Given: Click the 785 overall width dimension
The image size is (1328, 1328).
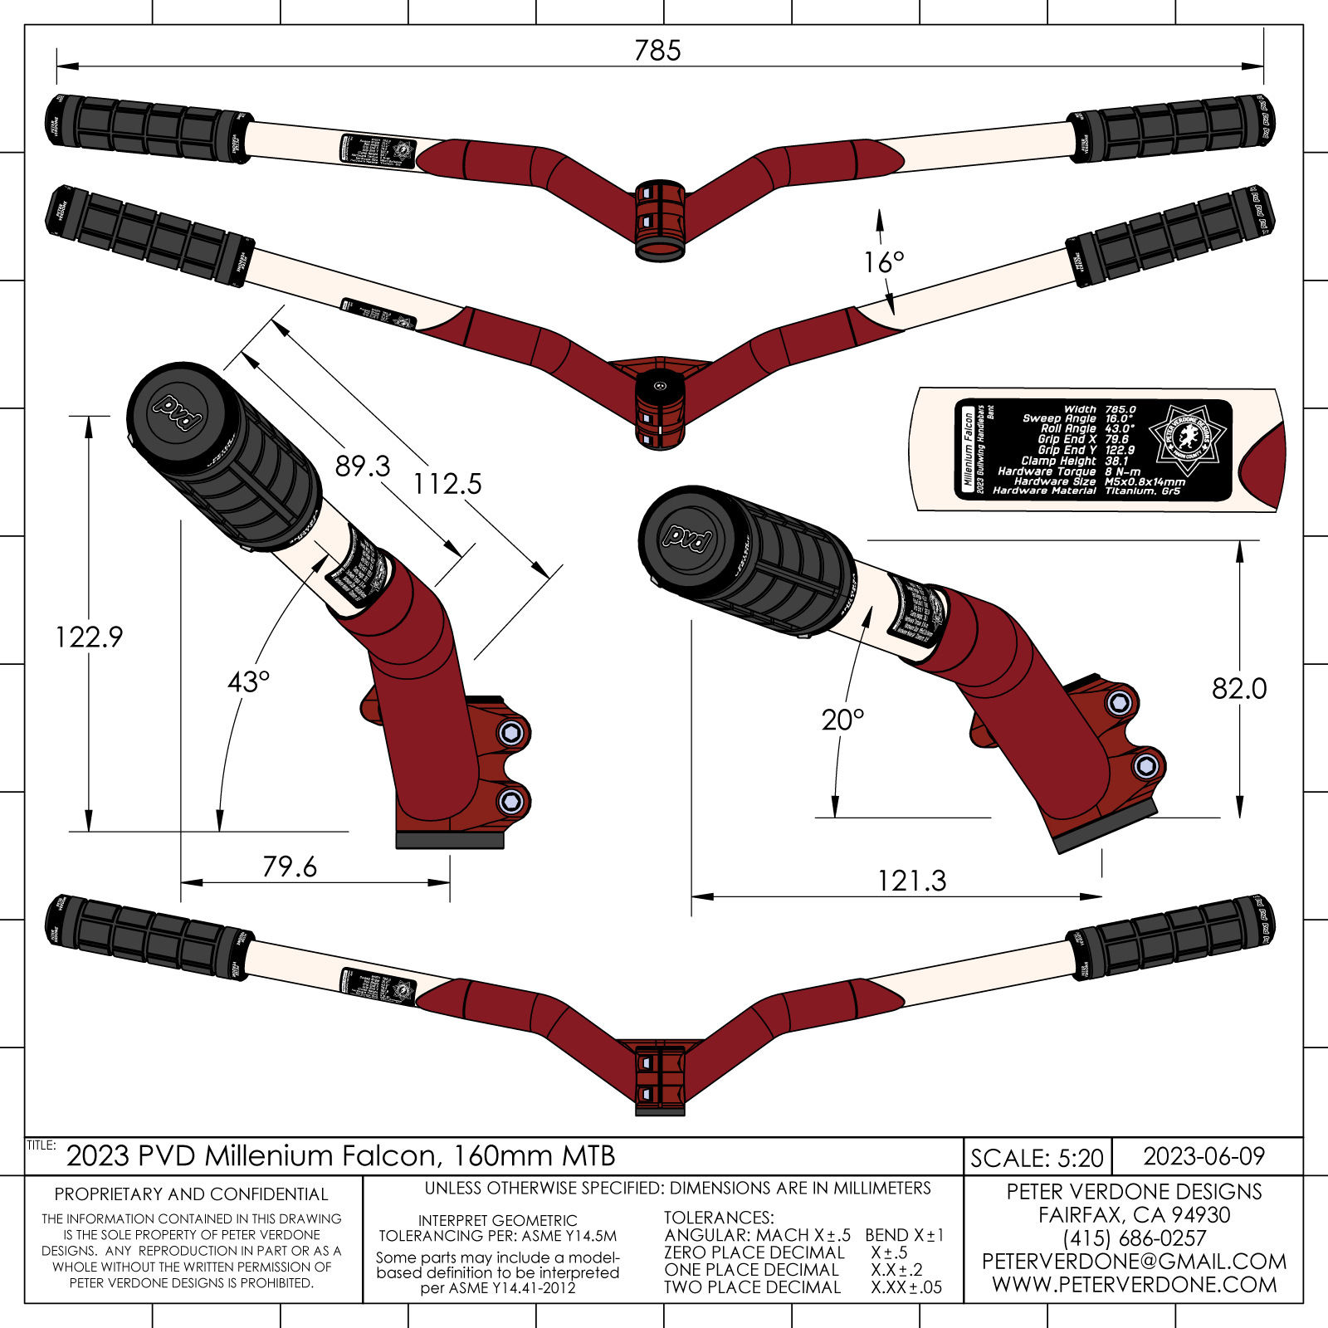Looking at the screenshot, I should pos(657,51).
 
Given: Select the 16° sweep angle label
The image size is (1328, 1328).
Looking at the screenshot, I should pos(883,263).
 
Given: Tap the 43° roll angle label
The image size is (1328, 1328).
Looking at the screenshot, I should pos(248,682).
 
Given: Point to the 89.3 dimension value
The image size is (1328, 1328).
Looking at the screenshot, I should pos(363,466).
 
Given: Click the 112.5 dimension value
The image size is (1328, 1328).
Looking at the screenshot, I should pos(447,484).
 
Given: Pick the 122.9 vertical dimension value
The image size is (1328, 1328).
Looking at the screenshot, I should pos(89,637).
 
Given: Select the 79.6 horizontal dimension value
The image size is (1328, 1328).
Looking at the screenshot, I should pos(290,867).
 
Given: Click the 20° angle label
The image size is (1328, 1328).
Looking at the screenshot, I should pos(842,720).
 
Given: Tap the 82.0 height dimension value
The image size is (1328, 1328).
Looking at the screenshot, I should pos(1239,689).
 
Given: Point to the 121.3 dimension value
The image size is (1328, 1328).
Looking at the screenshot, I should pos(911,881).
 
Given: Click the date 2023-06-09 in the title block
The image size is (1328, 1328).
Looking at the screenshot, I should pos(1203,1156).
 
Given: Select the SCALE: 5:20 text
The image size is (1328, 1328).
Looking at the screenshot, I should pos(1037,1158).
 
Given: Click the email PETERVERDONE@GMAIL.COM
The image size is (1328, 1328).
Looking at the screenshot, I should pos(1134,1262).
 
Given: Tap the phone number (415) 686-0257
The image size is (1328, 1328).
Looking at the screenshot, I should pos(1134,1238).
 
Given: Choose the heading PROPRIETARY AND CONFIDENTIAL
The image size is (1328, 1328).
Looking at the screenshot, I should pos(192,1194).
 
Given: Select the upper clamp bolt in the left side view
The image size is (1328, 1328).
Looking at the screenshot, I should pos(511,733).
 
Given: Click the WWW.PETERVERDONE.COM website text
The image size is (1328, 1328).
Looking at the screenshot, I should pos(1134,1285).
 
